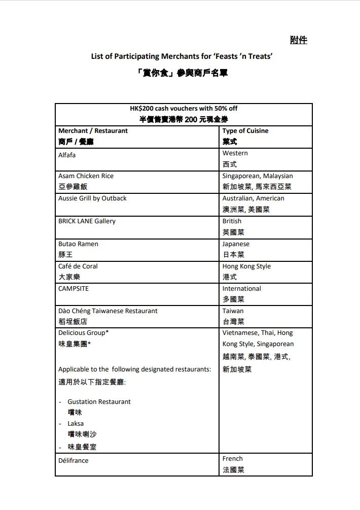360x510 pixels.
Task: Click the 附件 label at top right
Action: coord(299,40)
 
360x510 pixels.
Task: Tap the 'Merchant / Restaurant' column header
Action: coord(93,130)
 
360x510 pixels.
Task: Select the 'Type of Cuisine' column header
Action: coord(245,130)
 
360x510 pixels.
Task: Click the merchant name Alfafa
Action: coord(67,155)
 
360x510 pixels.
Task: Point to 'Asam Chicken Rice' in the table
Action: coord(86,176)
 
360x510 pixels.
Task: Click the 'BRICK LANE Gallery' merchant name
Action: coord(87,221)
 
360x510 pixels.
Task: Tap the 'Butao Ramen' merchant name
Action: coord(78,244)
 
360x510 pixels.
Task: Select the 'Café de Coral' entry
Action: coord(78,266)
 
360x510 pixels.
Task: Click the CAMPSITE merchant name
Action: coord(74,288)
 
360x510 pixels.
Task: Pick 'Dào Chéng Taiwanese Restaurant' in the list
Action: coord(107,311)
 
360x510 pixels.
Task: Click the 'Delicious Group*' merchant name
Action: coord(83,332)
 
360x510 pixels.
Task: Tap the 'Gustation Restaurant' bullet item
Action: coord(99,401)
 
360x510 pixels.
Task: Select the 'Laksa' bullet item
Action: coord(76,423)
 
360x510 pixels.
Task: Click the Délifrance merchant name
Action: coord(73,460)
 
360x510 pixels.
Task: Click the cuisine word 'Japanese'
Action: coord(236,244)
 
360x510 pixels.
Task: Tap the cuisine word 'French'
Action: coord(232,458)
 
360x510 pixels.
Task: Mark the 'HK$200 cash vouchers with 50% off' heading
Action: coord(184,108)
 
